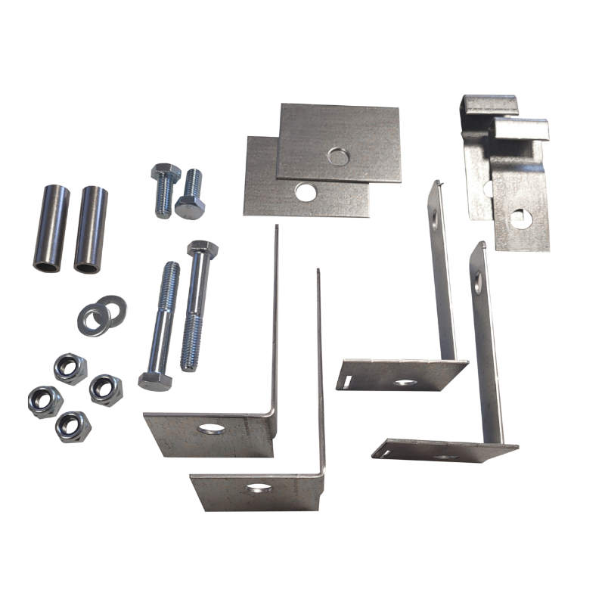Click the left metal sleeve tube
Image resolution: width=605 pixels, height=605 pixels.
coord(51,227)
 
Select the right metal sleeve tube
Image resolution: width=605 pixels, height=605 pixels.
coord(91,228)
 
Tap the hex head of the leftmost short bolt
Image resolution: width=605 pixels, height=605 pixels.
coord(165,173)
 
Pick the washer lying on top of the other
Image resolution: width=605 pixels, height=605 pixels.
coord(92,320)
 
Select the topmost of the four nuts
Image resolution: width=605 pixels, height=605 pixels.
coord(70,368)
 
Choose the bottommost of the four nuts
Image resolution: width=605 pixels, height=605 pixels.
coord(73,427)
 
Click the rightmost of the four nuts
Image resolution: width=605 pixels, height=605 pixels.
coord(105,389)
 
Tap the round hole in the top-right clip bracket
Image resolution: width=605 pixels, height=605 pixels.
coord(520,219)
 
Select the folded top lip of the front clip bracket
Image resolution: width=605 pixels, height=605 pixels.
coord(519,128)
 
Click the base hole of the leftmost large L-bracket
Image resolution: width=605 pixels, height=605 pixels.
coord(212,429)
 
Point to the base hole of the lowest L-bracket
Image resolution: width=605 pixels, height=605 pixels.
coord(259,489)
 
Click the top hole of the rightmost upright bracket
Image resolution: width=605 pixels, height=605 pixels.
coord(477,284)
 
